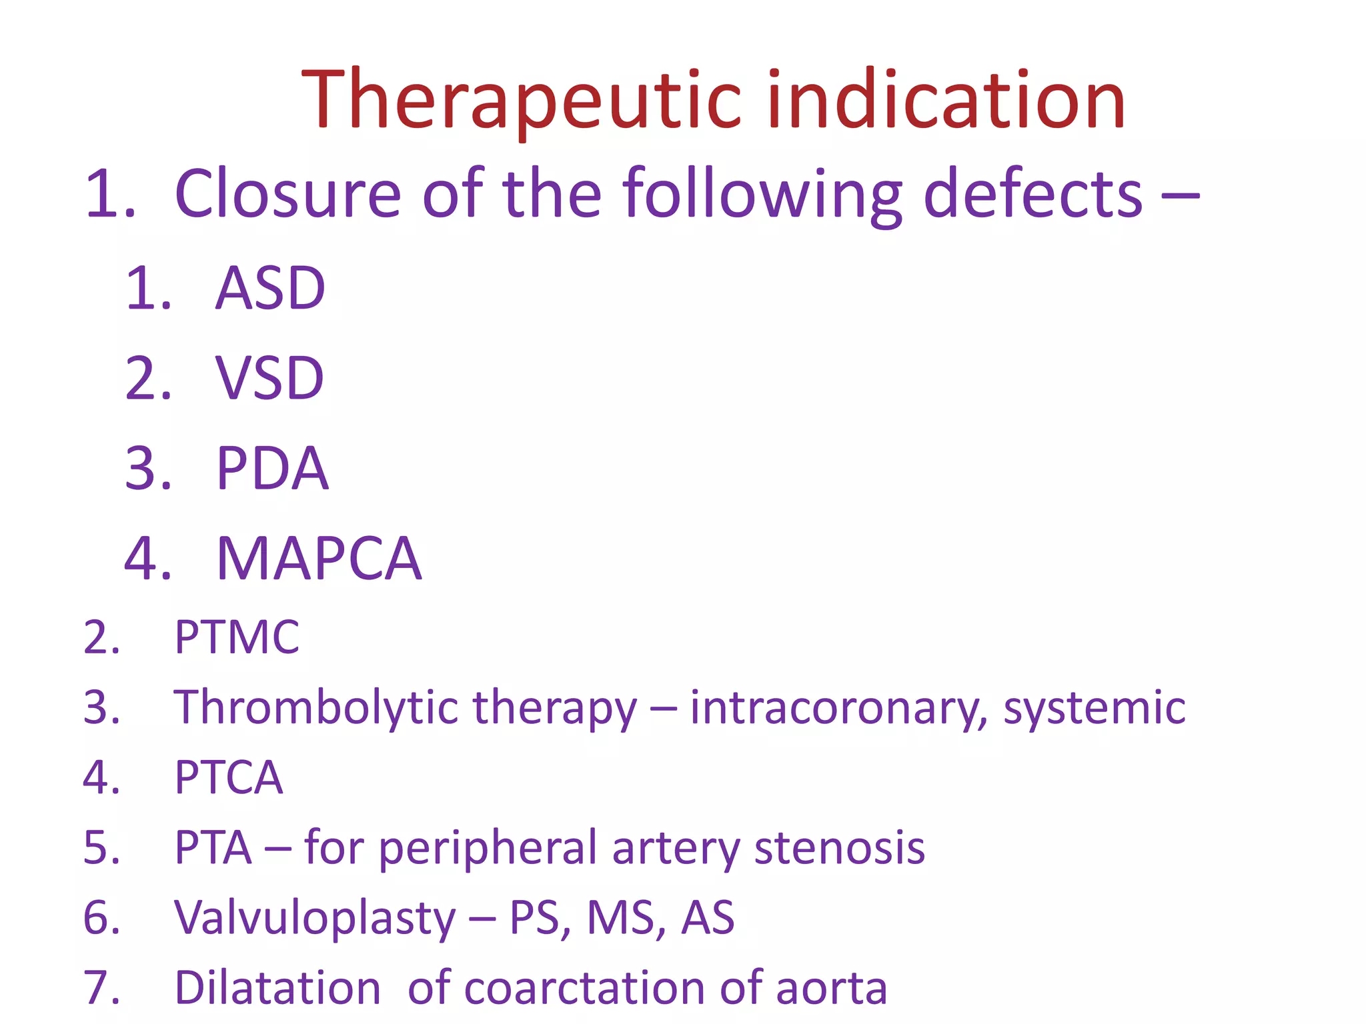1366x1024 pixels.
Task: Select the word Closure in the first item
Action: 287,194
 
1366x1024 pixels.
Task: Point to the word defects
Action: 1033,194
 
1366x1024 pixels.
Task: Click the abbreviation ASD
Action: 270,288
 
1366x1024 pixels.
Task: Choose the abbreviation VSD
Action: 269,379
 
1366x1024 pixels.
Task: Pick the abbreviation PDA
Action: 272,469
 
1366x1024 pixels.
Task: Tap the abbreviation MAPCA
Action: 319,559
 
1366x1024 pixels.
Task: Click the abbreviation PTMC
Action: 237,637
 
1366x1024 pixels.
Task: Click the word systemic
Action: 1095,708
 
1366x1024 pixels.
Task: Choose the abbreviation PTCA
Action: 229,777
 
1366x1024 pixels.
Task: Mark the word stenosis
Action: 839,848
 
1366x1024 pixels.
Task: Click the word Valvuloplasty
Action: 315,918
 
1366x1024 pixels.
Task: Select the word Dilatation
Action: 277,988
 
